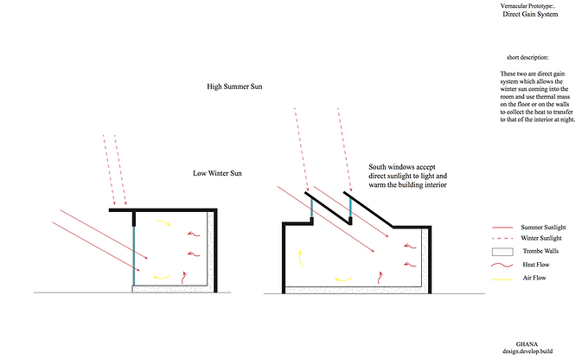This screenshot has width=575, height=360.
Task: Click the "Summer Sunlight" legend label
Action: pos(544,224)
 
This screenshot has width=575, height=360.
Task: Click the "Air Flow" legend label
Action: pos(533,278)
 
